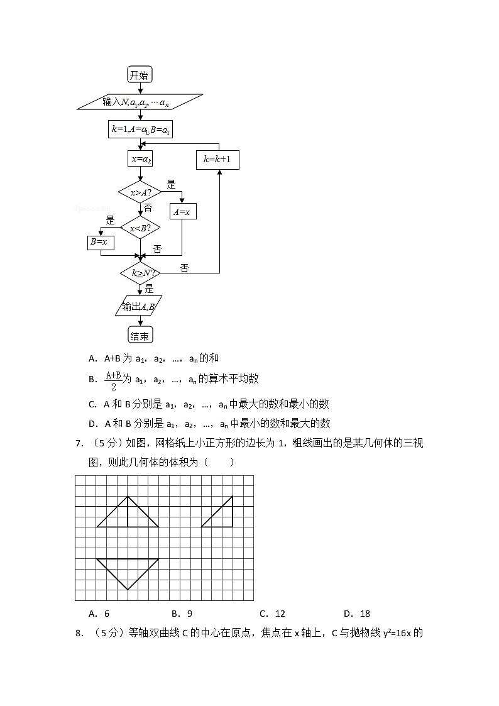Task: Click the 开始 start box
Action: tap(139, 75)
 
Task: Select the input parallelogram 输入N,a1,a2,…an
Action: tap(139, 102)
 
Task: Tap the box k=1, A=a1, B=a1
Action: tap(141, 130)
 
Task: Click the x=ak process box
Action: tap(140, 159)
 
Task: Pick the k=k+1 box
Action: tap(217, 160)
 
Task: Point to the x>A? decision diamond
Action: tap(140, 192)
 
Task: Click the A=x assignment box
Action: tap(182, 212)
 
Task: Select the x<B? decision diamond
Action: tap(140, 228)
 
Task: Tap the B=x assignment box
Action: tap(99, 241)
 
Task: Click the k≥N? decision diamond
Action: tap(140, 273)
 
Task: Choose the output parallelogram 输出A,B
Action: tap(139, 306)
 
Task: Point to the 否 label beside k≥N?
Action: tap(184, 268)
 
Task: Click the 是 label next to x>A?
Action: tap(171, 185)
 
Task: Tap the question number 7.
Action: tap(79, 444)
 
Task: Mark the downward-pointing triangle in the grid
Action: tap(128, 570)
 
